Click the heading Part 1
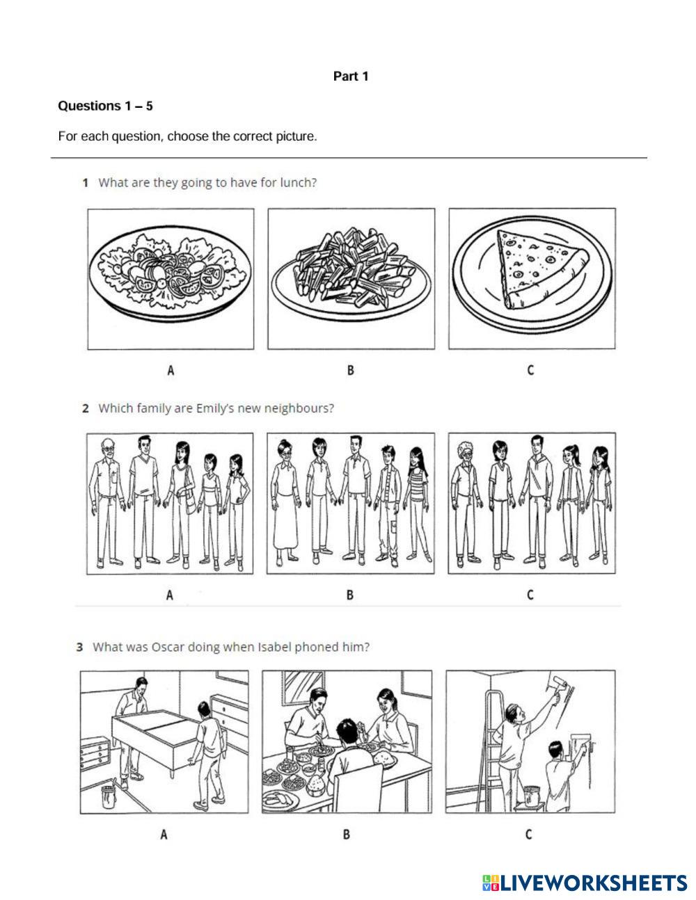pyautogui.click(x=351, y=77)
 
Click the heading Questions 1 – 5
pyautogui.click(x=105, y=106)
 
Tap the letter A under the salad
pyautogui.click(x=171, y=371)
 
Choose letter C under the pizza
pyautogui.click(x=530, y=371)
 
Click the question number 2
pyautogui.click(x=85, y=408)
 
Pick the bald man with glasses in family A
pyautogui.click(x=108, y=501)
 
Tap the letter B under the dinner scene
pyautogui.click(x=347, y=834)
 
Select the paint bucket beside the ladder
pyautogui.click(x=532, y=796)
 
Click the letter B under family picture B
pyautogui.click(x=350, y=595)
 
